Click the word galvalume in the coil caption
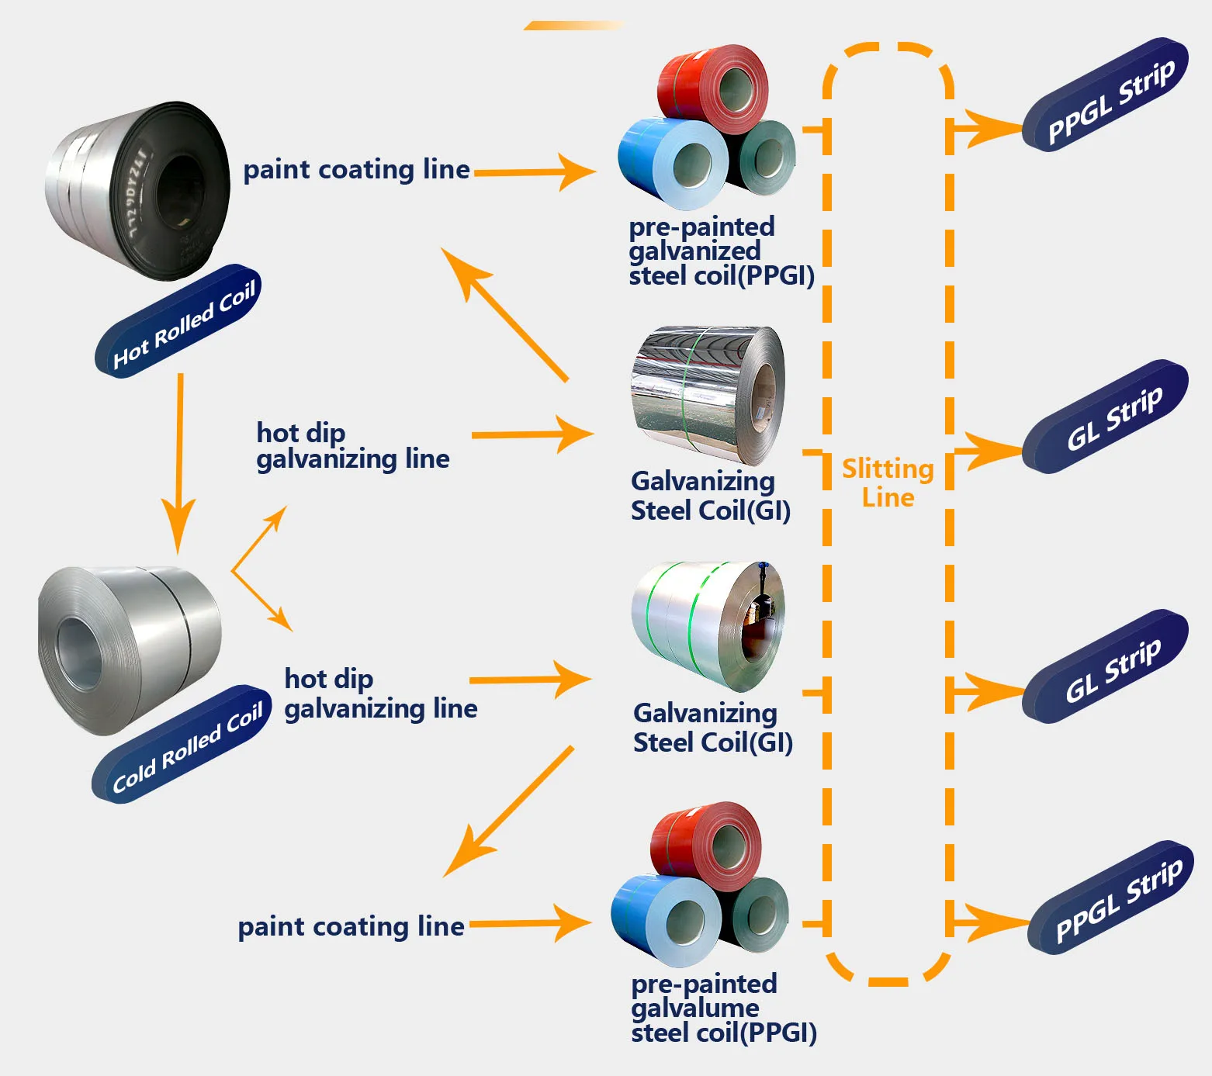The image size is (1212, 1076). tap(695, 1008)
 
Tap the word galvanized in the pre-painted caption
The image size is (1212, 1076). tap(694, 251)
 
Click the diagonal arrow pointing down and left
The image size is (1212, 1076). tap(508, 811)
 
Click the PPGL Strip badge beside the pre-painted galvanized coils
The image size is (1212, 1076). tap(1106, 95)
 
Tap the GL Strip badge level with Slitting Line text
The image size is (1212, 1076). tap(1106, 417)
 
